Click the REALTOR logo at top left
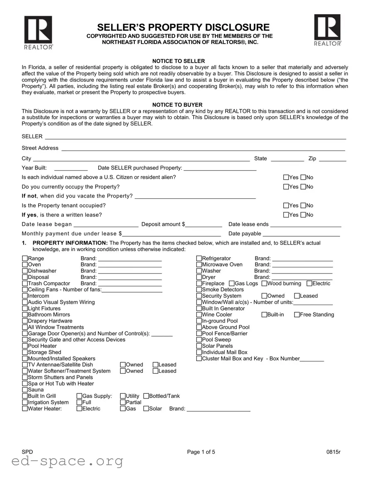tap(38, 33)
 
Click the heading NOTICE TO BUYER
tap(177, 105)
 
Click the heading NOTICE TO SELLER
tap(178, 61)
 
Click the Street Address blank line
tap(203, 148)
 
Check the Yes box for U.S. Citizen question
tap(286, 177)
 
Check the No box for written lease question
tap(303, 215)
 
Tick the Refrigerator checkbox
tap(199, 259)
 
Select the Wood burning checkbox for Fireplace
tap(264, 283)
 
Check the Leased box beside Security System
tap(297, 296)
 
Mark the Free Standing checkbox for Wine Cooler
tap(297, 315)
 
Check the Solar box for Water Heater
tap(146, 409)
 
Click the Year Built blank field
tap(71, 168)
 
